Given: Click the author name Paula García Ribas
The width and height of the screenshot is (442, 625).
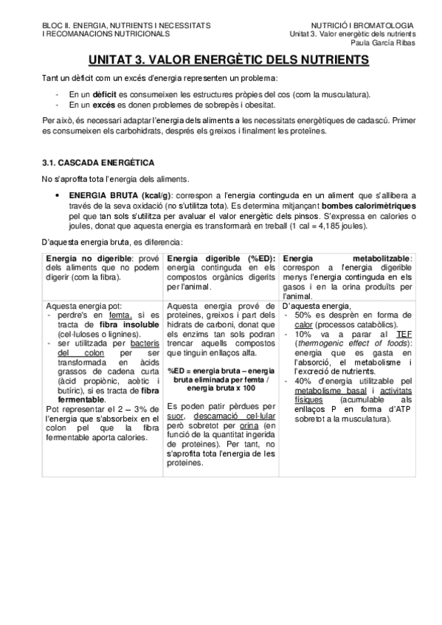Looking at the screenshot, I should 387,43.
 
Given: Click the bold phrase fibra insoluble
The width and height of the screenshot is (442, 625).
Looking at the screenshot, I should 113,324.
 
